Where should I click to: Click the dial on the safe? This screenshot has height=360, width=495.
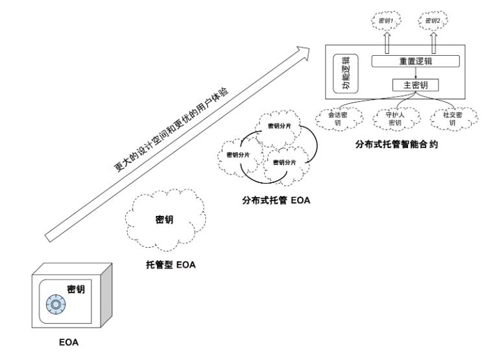coord(56,303)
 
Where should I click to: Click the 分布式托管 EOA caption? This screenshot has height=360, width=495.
coord(272,201)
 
